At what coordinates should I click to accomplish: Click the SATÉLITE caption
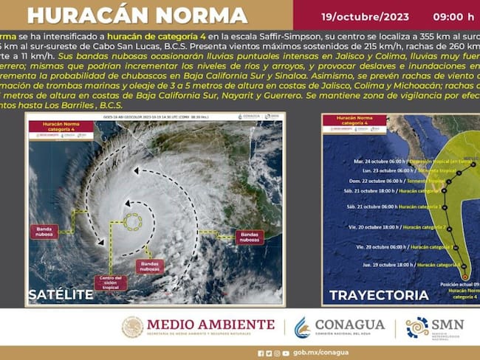tap(61, 294)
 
